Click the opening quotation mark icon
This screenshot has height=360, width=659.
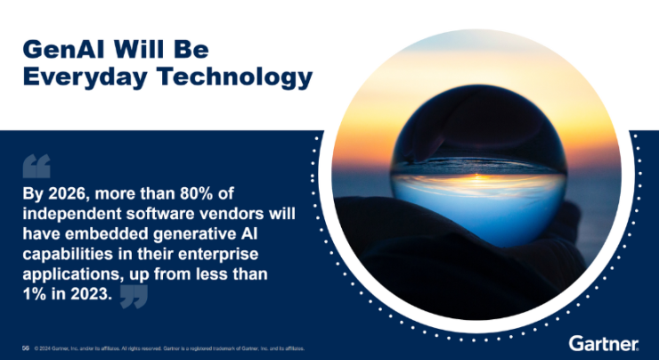tap(37, 167)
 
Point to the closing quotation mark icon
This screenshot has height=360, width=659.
tap(134, 297)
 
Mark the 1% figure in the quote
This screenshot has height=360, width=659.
tap(35, 298)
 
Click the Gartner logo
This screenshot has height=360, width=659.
tap(603, 344)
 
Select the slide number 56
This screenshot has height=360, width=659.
tap(26, 348)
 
